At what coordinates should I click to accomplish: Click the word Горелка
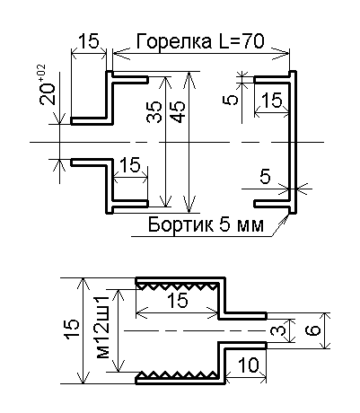(x=173, y=41)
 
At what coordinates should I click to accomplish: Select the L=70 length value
(x=240, y=41)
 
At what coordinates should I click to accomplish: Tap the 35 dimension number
(x=154, y=112)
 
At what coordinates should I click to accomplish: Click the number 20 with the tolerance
(x=48, y=93)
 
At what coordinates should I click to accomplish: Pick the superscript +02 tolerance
(x=41, y=72)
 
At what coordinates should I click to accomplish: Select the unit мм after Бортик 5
(x=250, y=226)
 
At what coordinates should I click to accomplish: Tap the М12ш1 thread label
(x=102, y=327)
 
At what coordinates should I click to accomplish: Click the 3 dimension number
(x=275, y=330)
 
